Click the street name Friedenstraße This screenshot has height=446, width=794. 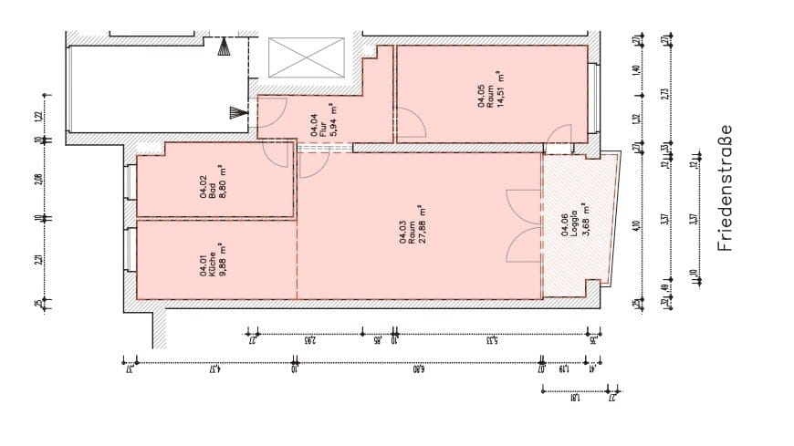pyautogui.click(x=726, y=189)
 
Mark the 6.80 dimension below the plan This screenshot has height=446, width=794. pyautogui.click(x=417, y=369)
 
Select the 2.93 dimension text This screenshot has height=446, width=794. pyautogui.click(x=310, y=341)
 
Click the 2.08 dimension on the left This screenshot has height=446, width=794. pyautogui.click(x=38, y=179)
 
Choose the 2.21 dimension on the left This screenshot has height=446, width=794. pyautogui.click(x=38, y=259)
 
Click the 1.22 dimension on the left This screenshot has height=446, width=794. pyautogui.click(x=38, y=116)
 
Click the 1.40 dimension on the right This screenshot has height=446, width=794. pyautogui.click(x=636, y=70)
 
